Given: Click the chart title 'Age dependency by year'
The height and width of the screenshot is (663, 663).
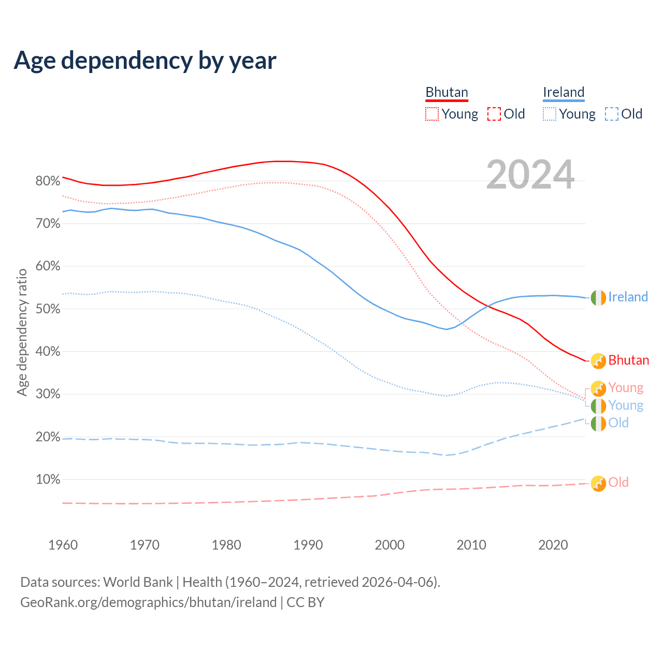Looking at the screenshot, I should (x=145, y=61).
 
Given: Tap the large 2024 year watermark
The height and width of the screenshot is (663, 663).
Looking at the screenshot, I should (x=530, y=175).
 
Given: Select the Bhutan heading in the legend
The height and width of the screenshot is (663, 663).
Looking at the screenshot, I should (x=446, y=93).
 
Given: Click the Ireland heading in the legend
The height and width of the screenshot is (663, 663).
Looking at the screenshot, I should (x=564, y=93).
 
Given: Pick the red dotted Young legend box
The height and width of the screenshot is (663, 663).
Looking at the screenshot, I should (x=432, y=114).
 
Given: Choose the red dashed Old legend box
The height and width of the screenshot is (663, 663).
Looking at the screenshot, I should (x=494, y=114).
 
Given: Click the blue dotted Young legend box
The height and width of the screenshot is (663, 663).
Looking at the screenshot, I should (x=550, y=114).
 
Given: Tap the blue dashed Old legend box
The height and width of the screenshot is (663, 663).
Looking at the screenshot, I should (x=612, y=114).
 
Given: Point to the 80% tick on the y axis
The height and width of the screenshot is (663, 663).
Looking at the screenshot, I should (x=48, y=181).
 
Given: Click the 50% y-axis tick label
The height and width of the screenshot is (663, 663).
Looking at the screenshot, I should (x=48, y=309).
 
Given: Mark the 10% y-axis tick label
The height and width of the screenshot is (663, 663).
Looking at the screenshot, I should (x=48, y=480).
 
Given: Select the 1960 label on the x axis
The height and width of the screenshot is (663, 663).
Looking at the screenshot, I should (x=63, y=545).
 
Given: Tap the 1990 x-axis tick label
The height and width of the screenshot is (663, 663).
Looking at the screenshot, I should (x=308, y=545).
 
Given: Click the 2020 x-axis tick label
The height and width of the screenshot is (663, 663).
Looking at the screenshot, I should (x=553, y=545).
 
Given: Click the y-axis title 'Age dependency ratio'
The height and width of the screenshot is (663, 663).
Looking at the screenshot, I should (x=22, y=332).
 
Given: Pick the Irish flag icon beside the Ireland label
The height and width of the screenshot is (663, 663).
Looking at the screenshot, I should (x=598, y=298).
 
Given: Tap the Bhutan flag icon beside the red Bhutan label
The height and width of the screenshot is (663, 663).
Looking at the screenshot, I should (x=598, y=361).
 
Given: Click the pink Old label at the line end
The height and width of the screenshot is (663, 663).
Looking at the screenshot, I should (x=618, y=482).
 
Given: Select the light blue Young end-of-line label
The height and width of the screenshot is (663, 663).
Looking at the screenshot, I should (x=626, y=406).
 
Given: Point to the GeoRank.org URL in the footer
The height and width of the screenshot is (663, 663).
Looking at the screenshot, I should (x=149, y=602).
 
